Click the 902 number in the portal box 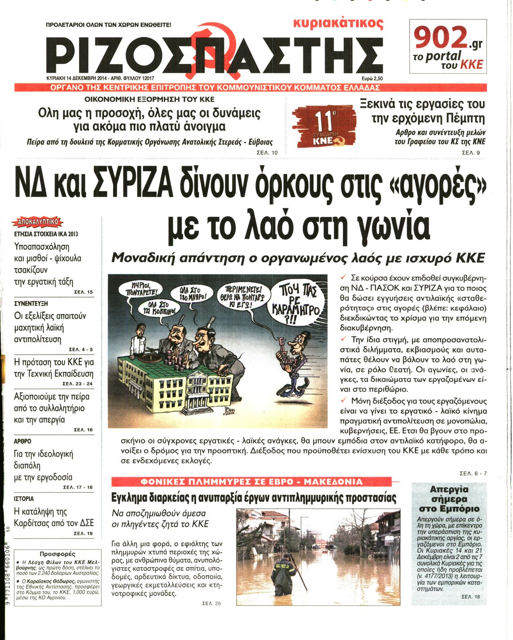point(440,38)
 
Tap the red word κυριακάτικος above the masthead point(338,23)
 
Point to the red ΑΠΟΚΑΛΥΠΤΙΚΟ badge point(39,222)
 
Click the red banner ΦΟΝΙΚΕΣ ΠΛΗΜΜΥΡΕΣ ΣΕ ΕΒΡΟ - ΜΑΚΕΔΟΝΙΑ point(251,482)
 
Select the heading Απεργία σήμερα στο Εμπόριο point(448,499)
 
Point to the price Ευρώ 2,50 point(370,78)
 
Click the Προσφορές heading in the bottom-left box point(57,554)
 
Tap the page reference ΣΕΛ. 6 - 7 point(473,473)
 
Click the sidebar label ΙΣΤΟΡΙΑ point(24,498)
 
